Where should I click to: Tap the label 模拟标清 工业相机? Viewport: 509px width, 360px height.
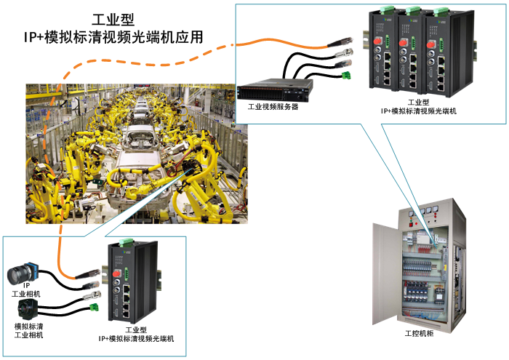coord(28,330)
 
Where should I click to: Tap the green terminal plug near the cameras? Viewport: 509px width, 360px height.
coord(93,308)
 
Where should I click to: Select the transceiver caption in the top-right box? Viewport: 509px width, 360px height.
coord(419,107)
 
